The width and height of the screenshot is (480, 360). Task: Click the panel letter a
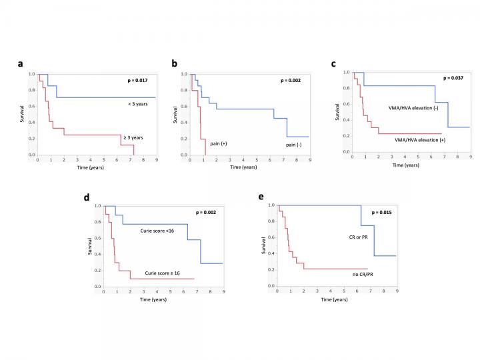21,65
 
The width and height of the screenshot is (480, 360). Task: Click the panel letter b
175,65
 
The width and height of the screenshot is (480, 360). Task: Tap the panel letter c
333,64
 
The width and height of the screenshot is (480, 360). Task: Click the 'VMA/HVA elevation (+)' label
417,139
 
